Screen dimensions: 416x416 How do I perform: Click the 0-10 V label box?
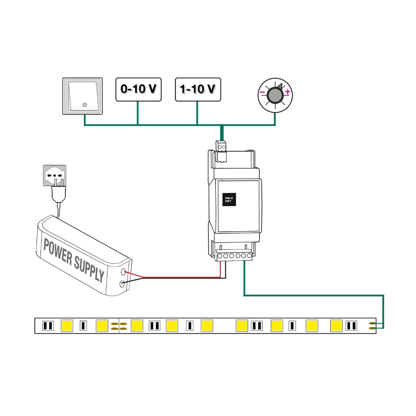click(x=138, y=89)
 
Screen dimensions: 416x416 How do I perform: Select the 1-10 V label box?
click(x=198, y=89)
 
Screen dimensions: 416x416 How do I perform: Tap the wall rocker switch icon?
click(x=83, y=96)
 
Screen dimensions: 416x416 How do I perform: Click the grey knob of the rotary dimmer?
click(x=275, y=95)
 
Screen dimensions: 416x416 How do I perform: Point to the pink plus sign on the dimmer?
click(x=287, y=91)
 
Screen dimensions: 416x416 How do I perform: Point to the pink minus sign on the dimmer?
click(x=262, y=92)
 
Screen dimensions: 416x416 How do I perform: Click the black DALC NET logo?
click(x=229, y=199)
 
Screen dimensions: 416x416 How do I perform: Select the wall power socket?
click(x=55, y=175)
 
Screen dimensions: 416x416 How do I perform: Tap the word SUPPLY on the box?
click(x=89, y=269)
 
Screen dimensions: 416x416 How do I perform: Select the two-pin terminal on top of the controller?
click(x=222, y=147)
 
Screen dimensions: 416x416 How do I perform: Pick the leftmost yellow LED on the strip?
click(x=67, y=326)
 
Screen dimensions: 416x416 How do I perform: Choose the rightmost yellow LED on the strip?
click(x=336, y=326)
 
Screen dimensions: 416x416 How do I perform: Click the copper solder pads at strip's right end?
click(x=372, y=326)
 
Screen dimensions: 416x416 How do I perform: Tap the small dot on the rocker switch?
click(x=85, y=105)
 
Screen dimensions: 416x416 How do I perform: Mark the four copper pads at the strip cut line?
click(x=119, y=326)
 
